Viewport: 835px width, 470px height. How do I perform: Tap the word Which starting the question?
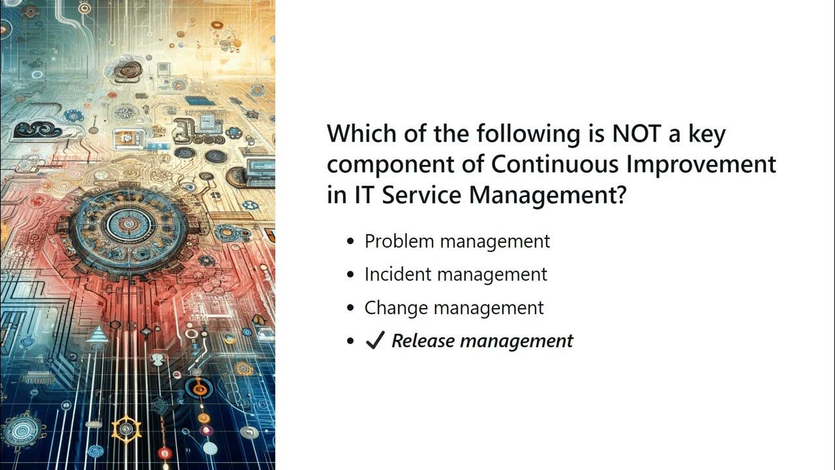[361, 134]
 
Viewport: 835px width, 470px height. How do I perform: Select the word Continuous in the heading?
[554, 164]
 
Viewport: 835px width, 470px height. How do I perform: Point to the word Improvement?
[701, 164]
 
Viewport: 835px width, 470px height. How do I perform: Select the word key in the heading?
[707, 134]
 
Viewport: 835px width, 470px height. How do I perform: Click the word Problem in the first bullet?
[399, 241]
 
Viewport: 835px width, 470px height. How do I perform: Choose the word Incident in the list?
[398, 274]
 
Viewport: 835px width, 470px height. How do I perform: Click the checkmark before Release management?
[374, 341]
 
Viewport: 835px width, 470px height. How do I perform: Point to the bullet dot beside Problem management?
[351, 242]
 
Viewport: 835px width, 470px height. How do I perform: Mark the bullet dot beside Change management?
[351, 308]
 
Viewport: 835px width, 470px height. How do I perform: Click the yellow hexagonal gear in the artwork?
[127, 429]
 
